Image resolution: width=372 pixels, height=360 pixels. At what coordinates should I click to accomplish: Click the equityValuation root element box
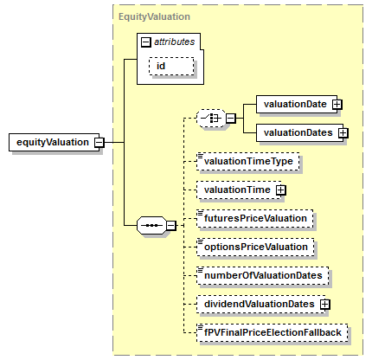point(54,142)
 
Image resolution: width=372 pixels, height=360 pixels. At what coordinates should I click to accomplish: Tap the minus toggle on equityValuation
point(99,142)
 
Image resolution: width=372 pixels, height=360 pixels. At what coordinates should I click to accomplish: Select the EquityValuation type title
point(154,16)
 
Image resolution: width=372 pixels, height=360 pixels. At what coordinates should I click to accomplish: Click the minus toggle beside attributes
point(146,42)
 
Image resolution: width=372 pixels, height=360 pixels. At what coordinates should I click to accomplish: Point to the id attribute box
point(171,67)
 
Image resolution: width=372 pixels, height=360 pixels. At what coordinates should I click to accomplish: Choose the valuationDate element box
point(297,104)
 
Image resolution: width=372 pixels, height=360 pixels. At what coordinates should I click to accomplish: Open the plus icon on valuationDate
point(337,104)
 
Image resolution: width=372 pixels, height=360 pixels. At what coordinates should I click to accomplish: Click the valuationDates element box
point(299,132)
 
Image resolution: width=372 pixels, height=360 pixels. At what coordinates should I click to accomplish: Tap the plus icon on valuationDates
point(343,132)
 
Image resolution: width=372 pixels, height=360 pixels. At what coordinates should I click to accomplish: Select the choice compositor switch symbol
point(211,118)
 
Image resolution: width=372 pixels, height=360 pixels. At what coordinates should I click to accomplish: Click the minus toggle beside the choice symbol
point(231,119)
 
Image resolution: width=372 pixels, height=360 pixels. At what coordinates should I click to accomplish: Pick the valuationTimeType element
point(248,161)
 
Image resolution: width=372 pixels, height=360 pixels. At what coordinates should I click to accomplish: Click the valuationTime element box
point(239,190)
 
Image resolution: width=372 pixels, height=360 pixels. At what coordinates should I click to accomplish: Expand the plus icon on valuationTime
point(281,190)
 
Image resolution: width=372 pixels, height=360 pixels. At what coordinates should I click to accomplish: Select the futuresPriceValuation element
point(255,218)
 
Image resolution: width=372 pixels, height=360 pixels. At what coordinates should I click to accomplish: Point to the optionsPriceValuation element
point(255,247)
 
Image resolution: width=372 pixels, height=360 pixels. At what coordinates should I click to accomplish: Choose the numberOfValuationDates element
point(263,275)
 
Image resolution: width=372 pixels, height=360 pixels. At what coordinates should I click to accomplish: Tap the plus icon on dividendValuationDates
point(325,304)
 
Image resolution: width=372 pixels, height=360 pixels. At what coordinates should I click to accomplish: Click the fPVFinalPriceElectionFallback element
point(273,332)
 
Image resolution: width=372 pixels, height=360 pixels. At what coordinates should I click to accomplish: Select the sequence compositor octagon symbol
point(151,225)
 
